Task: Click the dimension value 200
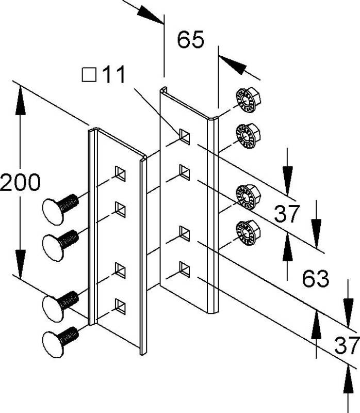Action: [x=20, y=183]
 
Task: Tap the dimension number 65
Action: [x=191, y=40]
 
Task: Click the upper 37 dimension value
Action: [x=287, y=214]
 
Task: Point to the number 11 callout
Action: [x=113, y=75]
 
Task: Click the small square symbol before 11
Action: [x=89, y=76]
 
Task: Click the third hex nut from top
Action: [x=247, y=196]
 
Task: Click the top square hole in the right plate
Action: [x=184, y=136]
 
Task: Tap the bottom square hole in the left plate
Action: [x=120, y=306]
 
